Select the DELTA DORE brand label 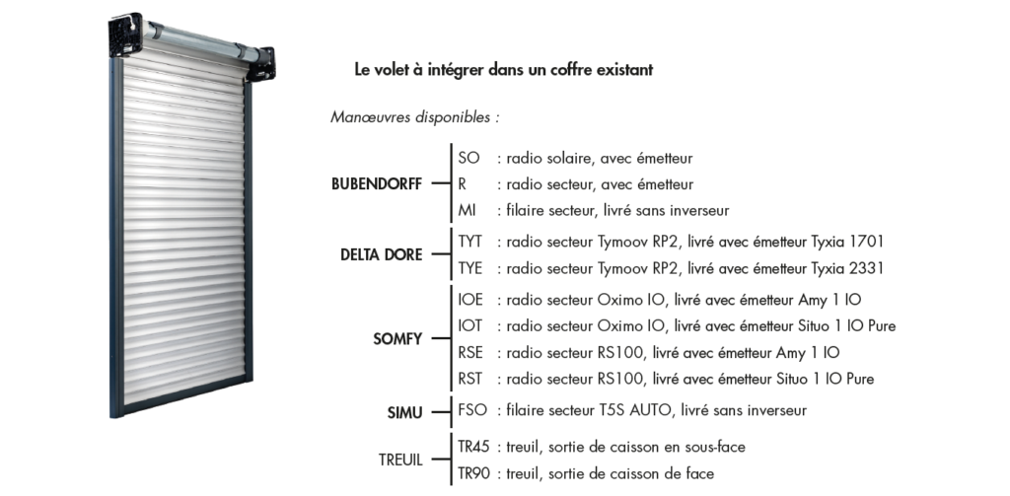pos(381,254)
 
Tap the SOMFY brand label pos(397,339)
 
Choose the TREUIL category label pos(400,461)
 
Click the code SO pos(469,158)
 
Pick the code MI pos(468,210)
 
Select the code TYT pos(470,242)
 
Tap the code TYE pos(470,268)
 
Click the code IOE pos(470,300)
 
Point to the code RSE pos(470,352)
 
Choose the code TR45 pos(473,447)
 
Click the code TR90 pos(473,473)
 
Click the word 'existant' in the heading pos(621,71)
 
